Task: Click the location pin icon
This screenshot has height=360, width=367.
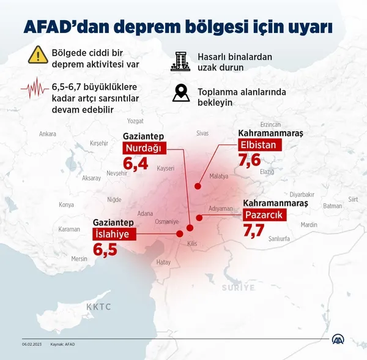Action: (181, 93)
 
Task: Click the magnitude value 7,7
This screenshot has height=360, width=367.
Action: (253, 230)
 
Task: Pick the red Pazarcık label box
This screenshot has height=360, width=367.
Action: (264, 216)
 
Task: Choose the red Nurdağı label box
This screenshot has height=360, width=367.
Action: (144, 149)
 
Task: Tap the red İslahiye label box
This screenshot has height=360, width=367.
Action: (114, 234)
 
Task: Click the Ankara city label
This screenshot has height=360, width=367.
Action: (47, 133)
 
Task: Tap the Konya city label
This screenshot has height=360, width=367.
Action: (66, 205)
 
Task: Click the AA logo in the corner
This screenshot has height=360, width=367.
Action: (338, 340)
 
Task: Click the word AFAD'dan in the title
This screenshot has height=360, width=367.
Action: (73, 27)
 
